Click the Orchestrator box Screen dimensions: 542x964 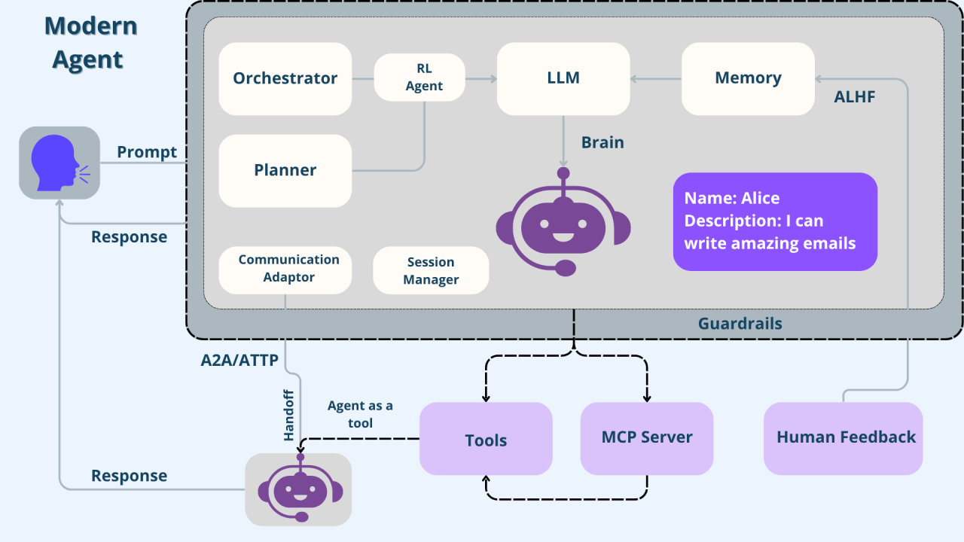(285, 78)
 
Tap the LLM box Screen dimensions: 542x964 (563, 78)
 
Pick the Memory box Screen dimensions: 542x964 (748, 78)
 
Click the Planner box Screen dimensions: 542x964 (285, 170)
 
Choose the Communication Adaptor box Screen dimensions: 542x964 (285, 269)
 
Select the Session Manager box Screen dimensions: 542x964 (431, 271)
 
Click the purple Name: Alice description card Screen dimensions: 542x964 (775, 221)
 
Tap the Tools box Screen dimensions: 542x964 (486, 440)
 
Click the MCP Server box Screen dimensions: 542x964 (647, 438)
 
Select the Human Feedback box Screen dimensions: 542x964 (843, 438)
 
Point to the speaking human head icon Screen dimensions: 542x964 (59, 163)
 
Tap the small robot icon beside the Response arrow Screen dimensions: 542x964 (299, 489)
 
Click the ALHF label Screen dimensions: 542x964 (855, 97)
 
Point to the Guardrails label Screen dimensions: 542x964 (740, 324)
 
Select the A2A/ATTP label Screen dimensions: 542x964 (239, 360)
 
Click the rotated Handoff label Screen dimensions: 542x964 (288, 415)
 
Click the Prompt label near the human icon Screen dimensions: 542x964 (147, 152)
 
